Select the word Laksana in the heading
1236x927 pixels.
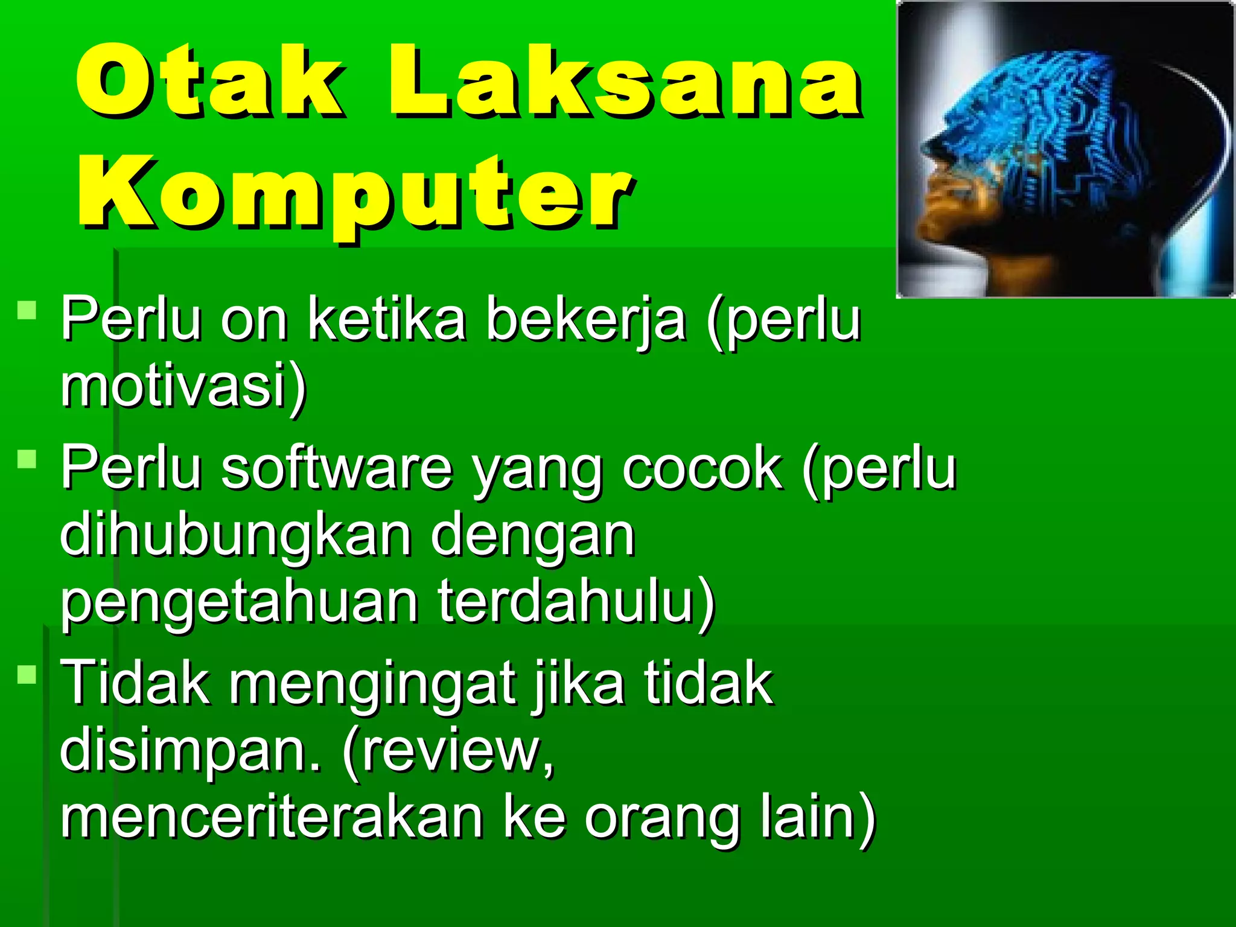click(625, 81)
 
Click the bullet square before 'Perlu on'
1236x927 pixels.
click(27, 311)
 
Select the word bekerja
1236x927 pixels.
click(585, 320)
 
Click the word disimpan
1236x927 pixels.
click(181, 750)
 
